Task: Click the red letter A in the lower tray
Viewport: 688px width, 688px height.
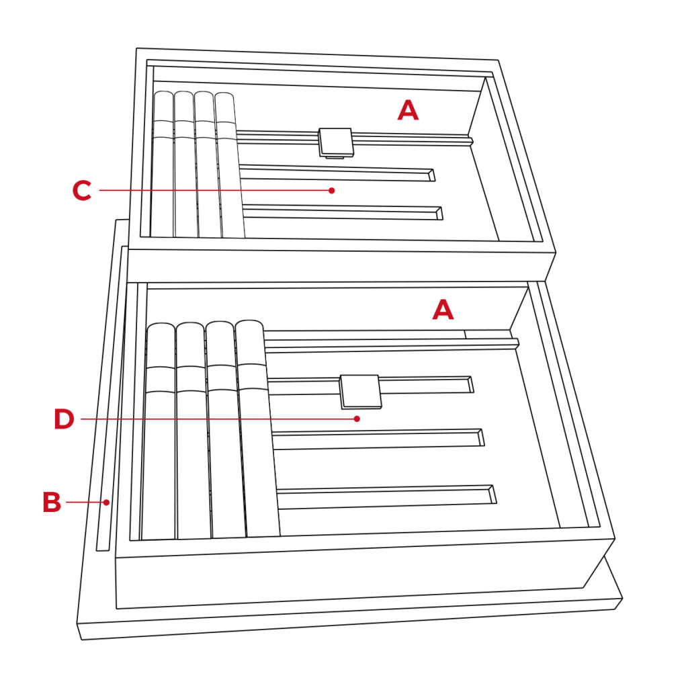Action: pyautogui.click(x=443, y=309)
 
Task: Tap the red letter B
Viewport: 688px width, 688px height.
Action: pyautogui.click(x=52, y=502)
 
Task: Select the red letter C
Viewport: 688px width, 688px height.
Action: pyautogui.click(x=82, y=190)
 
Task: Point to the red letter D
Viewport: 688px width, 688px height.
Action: pyautogui.click(x=64, y=419)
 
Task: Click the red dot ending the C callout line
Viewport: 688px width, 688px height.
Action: pyautogui.click(x=332, y=190)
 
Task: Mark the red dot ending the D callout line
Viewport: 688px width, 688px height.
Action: pyautogui.click(x=357, y=419)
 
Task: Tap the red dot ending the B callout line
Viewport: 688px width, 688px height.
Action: pyautogui.click(x=107, y=503)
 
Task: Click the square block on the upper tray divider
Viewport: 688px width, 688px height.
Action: pyautogui.click(x=336, y=142)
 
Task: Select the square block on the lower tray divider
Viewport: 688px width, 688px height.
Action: pyautogui.click(x=361, y=392)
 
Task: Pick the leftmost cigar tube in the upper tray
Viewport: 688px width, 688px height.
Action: pyautogui.click(x=163, y=165)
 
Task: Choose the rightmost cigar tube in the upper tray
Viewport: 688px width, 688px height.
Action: pyautogui.click(x=229, y=165)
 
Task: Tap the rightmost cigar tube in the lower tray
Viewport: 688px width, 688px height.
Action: pyautogui.click(x=257, y=428)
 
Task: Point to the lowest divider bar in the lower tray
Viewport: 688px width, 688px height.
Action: pyautogui.click(x=386, y=497)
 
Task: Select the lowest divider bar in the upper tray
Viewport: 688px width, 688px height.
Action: pyautogui.click(x=342, y=213)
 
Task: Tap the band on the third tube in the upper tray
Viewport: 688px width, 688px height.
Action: pyautogui.click(x=206, y=130)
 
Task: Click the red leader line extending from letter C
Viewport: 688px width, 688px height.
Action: pyautogui.click(x=214, y=190)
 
